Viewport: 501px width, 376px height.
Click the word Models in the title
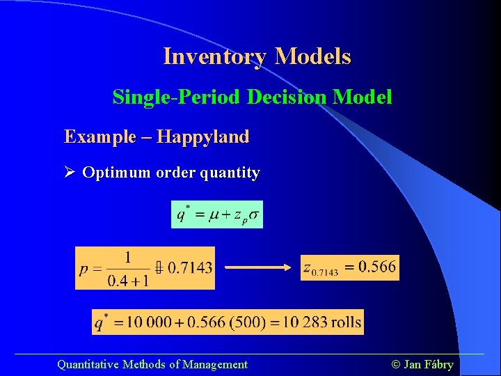[x=312, y=56]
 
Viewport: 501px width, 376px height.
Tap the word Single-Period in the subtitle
[x=177, y=97]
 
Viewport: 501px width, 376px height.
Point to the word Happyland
[x=202, y=136]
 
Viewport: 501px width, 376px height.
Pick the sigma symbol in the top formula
[x=254, y=214]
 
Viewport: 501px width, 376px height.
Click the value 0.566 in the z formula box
[x=378, y=267]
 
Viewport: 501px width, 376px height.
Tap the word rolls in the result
[x=345, y=322]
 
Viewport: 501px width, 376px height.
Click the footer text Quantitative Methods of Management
[x=152, y=364]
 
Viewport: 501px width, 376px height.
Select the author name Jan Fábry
[x=428, y=364]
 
